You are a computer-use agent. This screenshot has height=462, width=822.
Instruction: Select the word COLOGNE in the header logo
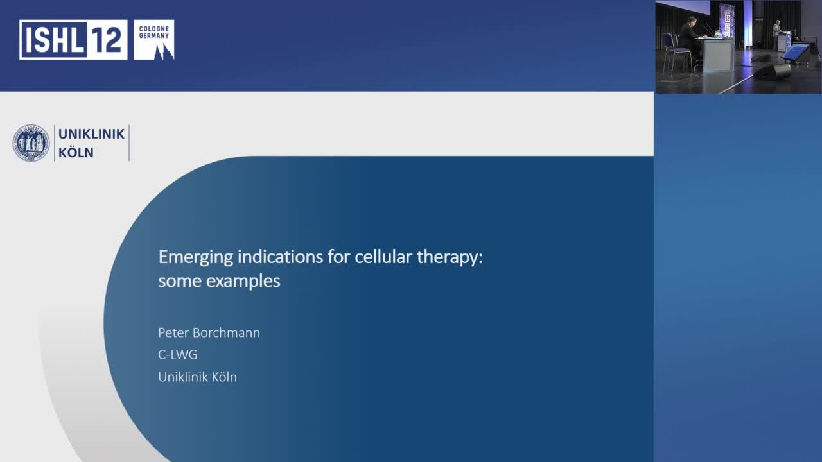tap(154, 28)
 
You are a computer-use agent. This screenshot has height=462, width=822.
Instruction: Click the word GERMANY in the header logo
tap(154, 35)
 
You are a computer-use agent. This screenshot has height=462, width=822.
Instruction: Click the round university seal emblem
tap(31, 143)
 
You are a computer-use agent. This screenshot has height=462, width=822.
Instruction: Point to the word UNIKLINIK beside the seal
tap(91, 134)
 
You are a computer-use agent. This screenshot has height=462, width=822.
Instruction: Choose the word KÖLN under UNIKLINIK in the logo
tap(76, 153)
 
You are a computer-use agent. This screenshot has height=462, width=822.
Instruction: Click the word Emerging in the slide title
tap(195, 258)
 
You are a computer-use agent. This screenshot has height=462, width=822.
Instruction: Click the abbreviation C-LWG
tap(178, 355)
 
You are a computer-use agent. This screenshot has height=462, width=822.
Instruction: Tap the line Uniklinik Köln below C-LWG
tap(197, 377)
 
